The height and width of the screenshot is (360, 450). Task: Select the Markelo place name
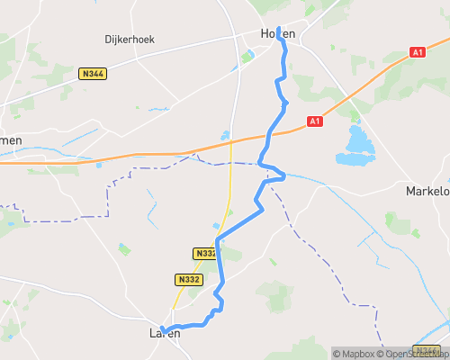(427, 191)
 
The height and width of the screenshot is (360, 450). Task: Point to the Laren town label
(164, 334)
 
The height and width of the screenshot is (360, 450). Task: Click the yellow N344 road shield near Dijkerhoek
(91, 73)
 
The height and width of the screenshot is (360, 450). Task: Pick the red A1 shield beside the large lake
(314, 121)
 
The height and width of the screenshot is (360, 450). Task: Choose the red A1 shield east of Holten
(417, 53)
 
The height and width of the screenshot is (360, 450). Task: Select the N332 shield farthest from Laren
(205, 254)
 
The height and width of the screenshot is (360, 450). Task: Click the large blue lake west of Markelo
(357, 145)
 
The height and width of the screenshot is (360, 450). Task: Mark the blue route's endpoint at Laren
(163, 328)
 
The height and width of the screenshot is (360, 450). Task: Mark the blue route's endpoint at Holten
(280, 30)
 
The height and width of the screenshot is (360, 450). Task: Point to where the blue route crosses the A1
(269, 134)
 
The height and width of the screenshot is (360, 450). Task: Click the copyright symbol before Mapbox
(337, 354)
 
